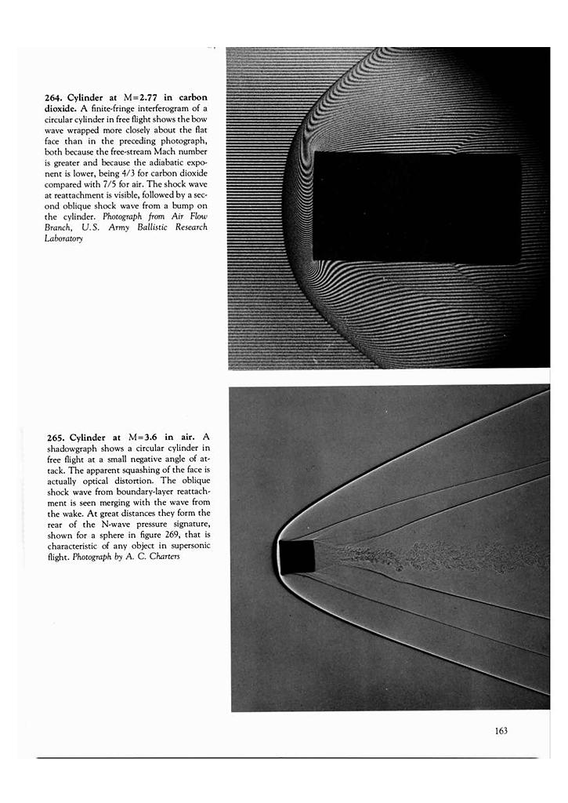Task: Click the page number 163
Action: tap(501, 731)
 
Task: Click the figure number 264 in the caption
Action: tap(54, 97)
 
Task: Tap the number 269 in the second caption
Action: tap(174, 535)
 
